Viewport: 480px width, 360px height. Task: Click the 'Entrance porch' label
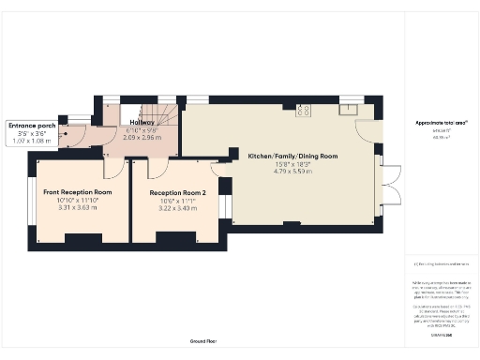(x=31, y=125)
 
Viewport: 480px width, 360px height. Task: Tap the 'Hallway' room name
(x=142, y=121)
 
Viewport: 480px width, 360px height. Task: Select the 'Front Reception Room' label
(x=77, y=191)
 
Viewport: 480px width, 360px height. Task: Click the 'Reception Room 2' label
(x=178, y=192)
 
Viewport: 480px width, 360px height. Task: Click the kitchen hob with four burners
(x=304, y=112)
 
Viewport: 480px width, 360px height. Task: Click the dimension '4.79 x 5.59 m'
(x=292, y=172)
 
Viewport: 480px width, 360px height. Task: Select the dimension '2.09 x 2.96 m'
(x=142, y=138)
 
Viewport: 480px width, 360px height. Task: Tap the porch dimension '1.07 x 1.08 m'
(x=31, y=142)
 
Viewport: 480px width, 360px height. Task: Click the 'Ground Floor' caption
(x=203, y=341)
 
